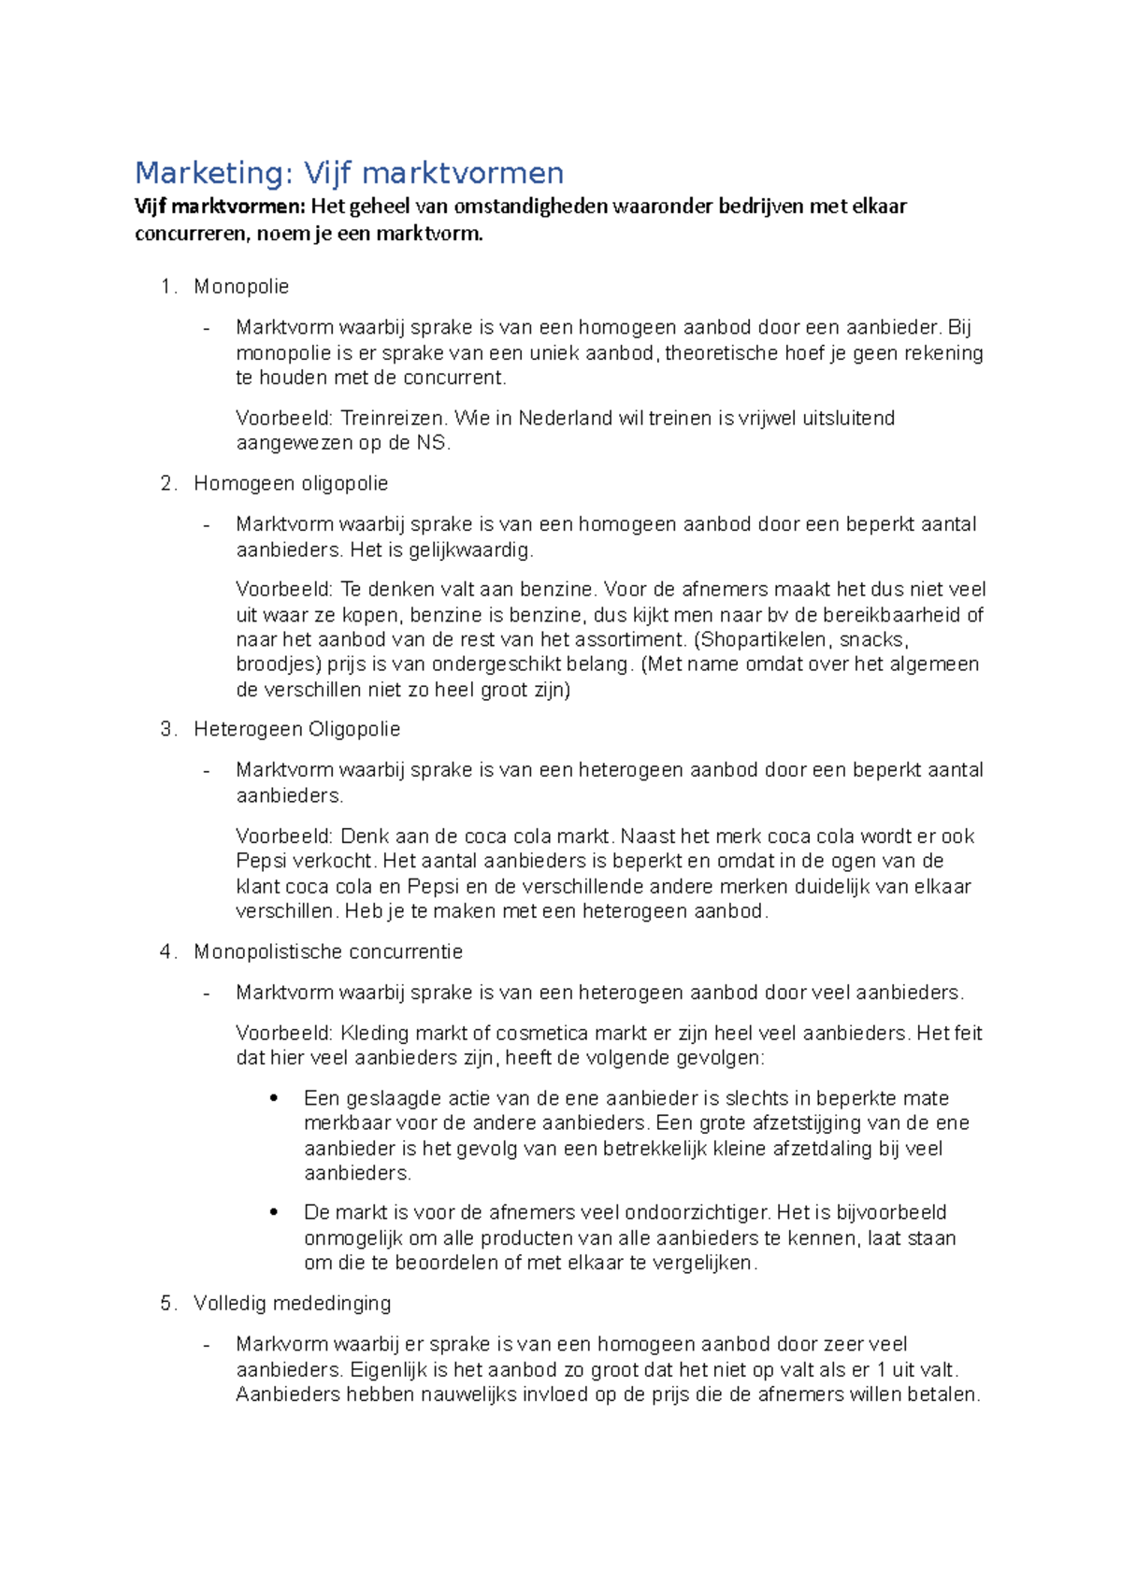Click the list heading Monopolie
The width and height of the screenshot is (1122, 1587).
(x=241, y=287)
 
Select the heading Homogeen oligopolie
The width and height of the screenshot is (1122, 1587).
(x=291, y=484)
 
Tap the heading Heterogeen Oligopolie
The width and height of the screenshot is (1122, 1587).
(x=296, y=729)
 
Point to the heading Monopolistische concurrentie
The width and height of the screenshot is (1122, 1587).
(x=328, y=951)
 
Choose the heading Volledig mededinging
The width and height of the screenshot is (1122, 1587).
(x=292, y=1303)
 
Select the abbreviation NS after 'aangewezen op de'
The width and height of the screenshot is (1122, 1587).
(x=432, y=443)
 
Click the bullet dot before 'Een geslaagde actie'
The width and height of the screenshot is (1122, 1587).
(x=274, y=1098)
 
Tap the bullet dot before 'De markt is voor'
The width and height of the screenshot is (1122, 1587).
(x=274, y=1212)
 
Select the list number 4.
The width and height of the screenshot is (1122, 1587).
(x=166, y=951)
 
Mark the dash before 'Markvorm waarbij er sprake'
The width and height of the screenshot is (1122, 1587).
(x=207, y=1344)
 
